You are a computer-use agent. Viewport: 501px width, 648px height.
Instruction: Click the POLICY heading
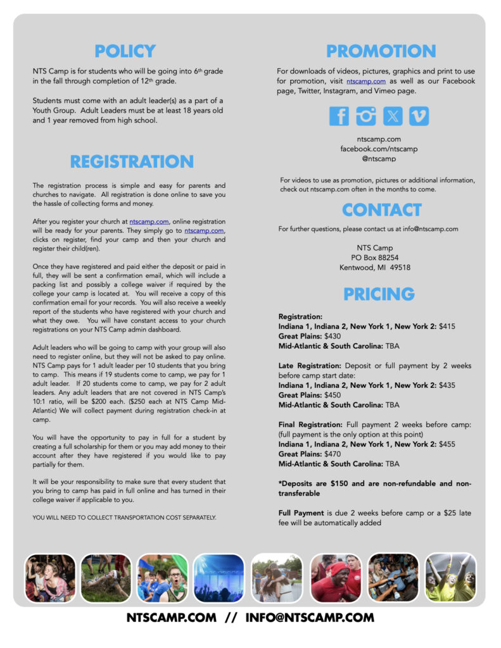[125, 51]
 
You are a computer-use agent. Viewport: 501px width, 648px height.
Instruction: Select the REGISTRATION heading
[132, 162]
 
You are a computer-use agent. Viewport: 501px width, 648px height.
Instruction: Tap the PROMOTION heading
[381, 51]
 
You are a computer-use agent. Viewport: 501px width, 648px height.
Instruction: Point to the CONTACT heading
[381, 209]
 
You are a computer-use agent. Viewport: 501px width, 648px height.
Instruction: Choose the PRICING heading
[379, 294]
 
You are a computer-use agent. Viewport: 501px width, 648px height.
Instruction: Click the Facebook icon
[339, 116]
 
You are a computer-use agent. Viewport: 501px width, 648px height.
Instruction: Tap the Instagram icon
[365, 116]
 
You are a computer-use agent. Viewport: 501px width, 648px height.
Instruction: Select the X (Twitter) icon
[392, 116]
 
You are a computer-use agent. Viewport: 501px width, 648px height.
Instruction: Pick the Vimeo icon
[419, 116]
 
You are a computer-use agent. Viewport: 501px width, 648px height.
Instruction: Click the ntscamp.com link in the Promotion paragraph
[365, 82]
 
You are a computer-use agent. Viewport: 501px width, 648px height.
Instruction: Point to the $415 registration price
[447, 327]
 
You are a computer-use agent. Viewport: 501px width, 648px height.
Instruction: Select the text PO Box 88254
[374, 258]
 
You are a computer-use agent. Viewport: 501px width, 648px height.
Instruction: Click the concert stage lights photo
[218, 577]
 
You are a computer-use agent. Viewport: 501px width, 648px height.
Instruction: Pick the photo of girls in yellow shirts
[450, 577]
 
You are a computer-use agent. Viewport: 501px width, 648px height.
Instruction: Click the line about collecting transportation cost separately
[124, 518]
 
